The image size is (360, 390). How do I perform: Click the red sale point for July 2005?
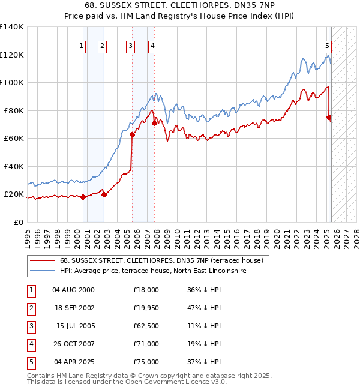click(132, 135)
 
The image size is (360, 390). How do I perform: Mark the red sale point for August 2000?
click(83, 197)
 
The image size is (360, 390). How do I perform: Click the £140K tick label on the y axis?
click(12, 27)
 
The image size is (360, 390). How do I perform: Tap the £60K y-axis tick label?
click(14, 138)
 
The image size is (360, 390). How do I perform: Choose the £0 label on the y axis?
click(18, 222)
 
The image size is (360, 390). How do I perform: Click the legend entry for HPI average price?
click(153, 271)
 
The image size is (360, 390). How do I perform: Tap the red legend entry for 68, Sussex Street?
click(157, 260)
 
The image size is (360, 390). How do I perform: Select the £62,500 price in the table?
click(146, 326)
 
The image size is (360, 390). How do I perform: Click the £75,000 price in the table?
click(146, 362)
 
